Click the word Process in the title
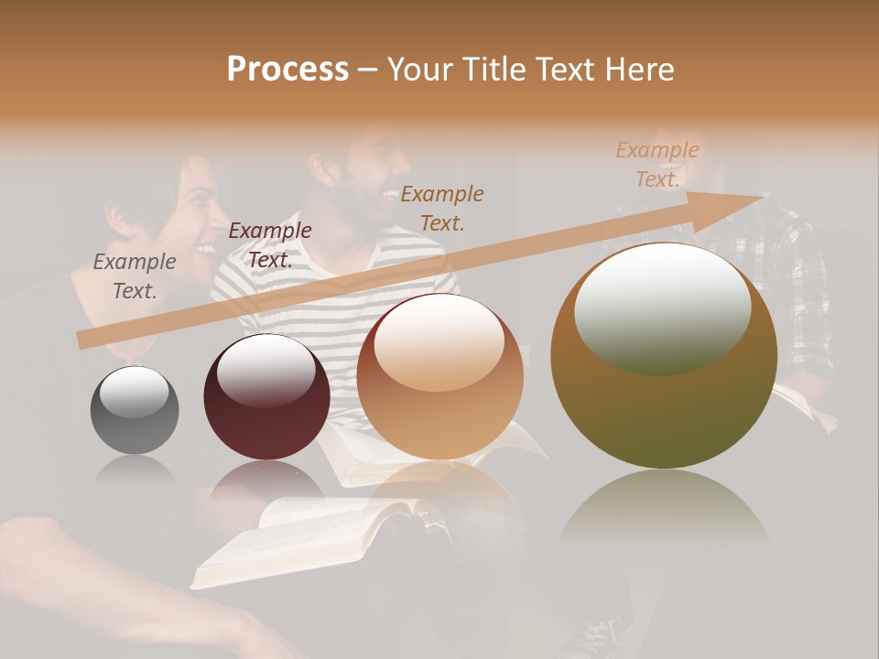pos(288,70)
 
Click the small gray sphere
pos(135,410)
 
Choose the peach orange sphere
pos(440,376)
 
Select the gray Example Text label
pos(135,275)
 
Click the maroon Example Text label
pos(270,244)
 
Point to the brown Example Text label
pos(442,208)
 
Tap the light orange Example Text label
pos(657,165)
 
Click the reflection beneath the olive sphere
pos(664,513)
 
